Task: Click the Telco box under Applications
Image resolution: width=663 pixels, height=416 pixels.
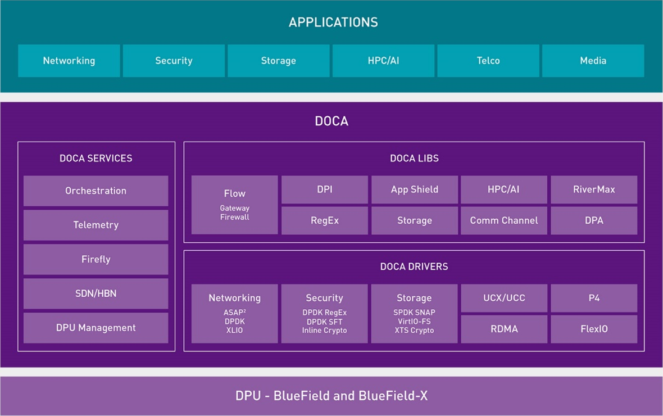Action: [488, 61]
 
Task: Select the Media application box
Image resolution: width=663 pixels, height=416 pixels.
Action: [593, 61]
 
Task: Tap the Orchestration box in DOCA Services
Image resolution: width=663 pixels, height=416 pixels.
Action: [96, 191]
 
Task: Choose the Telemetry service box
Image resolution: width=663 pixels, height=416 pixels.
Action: [96, 225]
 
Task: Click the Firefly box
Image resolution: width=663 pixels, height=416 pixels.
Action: [96, 259]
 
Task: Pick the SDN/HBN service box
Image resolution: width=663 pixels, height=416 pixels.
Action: [96, 293]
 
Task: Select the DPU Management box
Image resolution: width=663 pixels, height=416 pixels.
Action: [96, 328]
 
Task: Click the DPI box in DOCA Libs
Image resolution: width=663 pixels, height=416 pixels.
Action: [324, 189]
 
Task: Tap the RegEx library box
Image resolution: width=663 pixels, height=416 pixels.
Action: [324, 220]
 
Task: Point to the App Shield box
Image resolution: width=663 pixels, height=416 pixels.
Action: [414, 189]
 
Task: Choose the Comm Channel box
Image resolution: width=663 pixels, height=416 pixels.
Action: [504, 220]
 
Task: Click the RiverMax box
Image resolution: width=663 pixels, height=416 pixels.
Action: [594, 189]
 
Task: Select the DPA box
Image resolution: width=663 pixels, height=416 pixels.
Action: [594, 220]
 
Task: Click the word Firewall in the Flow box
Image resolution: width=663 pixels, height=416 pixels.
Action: [234, 217]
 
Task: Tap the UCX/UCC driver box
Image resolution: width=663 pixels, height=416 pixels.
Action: [504, 298]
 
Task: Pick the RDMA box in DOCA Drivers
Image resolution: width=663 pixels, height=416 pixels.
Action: [504, 329]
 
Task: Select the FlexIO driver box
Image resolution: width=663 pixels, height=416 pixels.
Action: [594, 329]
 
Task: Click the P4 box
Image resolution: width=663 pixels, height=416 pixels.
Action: [594, 298]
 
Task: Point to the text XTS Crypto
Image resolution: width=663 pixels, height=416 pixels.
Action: [414, 331]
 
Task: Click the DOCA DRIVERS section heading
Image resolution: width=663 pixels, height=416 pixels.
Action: [414, 266]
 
